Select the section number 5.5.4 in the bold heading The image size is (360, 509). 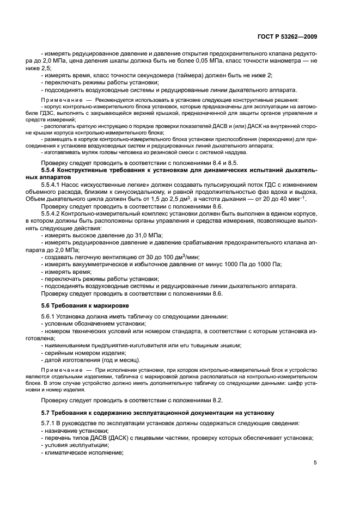click(x=51, y=170)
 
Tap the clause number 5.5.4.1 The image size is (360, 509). click(x=53, y=186)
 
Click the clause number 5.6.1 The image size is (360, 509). click(x=50, y=316)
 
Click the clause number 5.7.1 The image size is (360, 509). click(x=50, y=423)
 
